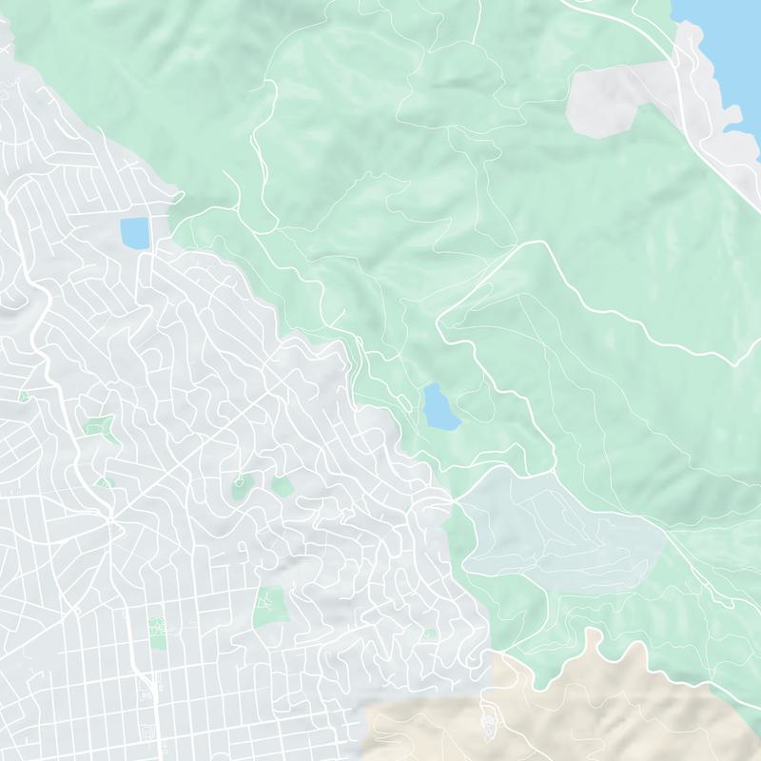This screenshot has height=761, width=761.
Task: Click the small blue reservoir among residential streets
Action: click(x=134, y=231)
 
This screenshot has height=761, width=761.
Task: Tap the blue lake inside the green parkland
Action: click(x=439, y=407)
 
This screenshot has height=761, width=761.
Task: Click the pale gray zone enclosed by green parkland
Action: click(x=561, y=523)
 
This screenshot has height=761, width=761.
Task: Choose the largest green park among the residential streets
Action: click(x=270, y=606)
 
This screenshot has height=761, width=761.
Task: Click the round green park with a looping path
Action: click(x=244, y=486)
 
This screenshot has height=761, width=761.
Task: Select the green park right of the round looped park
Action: click(x=283, y=486)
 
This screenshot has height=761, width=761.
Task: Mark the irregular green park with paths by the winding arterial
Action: click(x=99, y=430)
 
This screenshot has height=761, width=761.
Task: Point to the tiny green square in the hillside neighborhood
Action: click(x=430, y=634)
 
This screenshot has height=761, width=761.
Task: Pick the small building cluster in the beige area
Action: click(x=489, y=728)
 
